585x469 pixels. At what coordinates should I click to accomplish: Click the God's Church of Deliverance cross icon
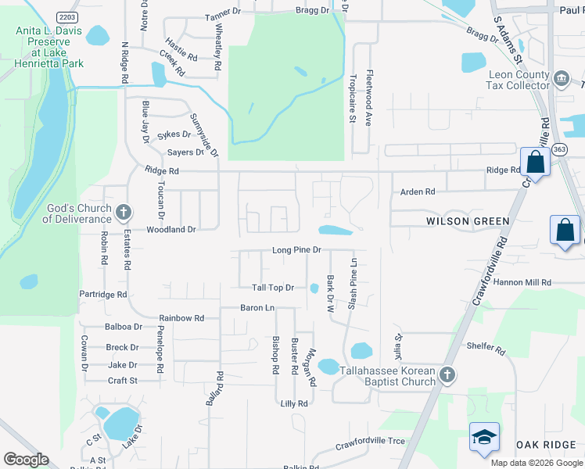click(123, 212)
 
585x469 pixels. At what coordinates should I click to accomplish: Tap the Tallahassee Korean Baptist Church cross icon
click(447, 374)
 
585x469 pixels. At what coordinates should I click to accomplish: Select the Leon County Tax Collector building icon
click(561, 79)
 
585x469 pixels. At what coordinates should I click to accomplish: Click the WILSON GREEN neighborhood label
click(468, 221)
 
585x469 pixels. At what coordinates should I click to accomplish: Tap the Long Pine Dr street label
click(296, 250)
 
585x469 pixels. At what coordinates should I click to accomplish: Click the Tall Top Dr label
click(272, 288)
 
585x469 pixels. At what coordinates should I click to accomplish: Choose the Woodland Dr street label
click(170, 230)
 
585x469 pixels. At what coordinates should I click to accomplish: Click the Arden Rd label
click(417, 192)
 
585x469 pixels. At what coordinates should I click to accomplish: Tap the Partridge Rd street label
click(102, 295)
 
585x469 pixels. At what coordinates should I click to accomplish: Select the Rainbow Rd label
click(181, 318)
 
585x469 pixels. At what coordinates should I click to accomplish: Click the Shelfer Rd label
click(485, 346)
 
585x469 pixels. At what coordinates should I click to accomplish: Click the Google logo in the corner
click(26, 460)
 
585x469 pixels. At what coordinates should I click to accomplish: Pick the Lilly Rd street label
click(294, 403)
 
